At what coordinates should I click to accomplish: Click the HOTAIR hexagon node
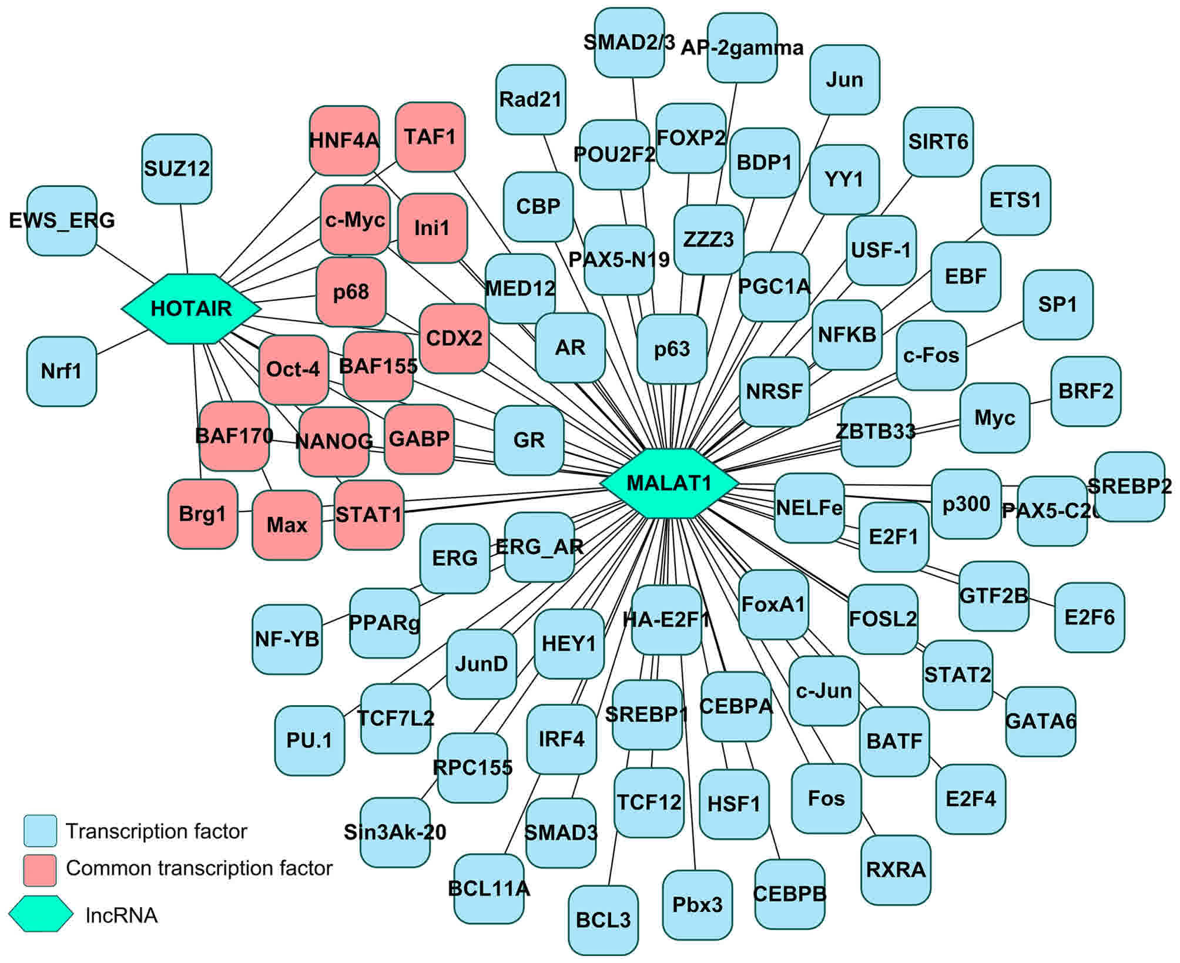pos(191,308)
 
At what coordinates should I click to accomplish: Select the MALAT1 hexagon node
pos(669,483)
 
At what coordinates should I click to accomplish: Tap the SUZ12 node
pos(176,169)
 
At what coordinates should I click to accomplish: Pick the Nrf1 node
pos(62,371)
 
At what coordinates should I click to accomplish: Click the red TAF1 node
pos(430,137)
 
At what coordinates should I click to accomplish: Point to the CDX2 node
pos(454,338)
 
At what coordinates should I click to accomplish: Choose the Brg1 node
pos(203,515)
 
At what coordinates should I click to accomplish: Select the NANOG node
pos(334,441)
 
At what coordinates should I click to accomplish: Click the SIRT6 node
pos(938,142)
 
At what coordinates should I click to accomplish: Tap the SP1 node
pos(1058,304)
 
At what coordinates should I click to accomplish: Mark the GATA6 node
pos(1040,721)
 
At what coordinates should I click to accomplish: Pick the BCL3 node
pos(603,920)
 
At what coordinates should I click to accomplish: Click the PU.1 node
pos(309,740)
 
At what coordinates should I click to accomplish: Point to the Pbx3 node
pos(697,905)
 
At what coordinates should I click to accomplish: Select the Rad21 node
pos(531,99)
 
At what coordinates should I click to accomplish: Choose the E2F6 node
pos(1090,618)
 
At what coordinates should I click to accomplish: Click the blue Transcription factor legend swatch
pos(40,831)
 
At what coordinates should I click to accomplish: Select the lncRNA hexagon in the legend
pos(41,914)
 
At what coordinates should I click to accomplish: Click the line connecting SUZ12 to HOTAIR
pos(183,238)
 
